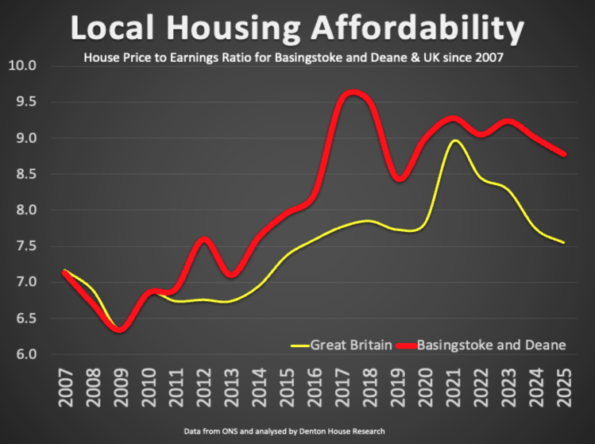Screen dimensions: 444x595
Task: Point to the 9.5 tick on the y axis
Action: (x=25, y=102)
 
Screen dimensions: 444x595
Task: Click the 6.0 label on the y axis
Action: (x=25, y=354)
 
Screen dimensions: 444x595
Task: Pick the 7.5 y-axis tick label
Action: (x=25, y=246)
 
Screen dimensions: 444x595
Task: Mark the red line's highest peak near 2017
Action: (x=352, y=94)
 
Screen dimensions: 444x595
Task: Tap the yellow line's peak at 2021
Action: (x=454, y=141)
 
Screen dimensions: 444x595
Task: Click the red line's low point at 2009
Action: (x=120, y=330)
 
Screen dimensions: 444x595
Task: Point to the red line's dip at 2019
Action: (x=400, y=179)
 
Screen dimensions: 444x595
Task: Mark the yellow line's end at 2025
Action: (x=564, y=242)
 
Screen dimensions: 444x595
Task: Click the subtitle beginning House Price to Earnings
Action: (x=293, y=57)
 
